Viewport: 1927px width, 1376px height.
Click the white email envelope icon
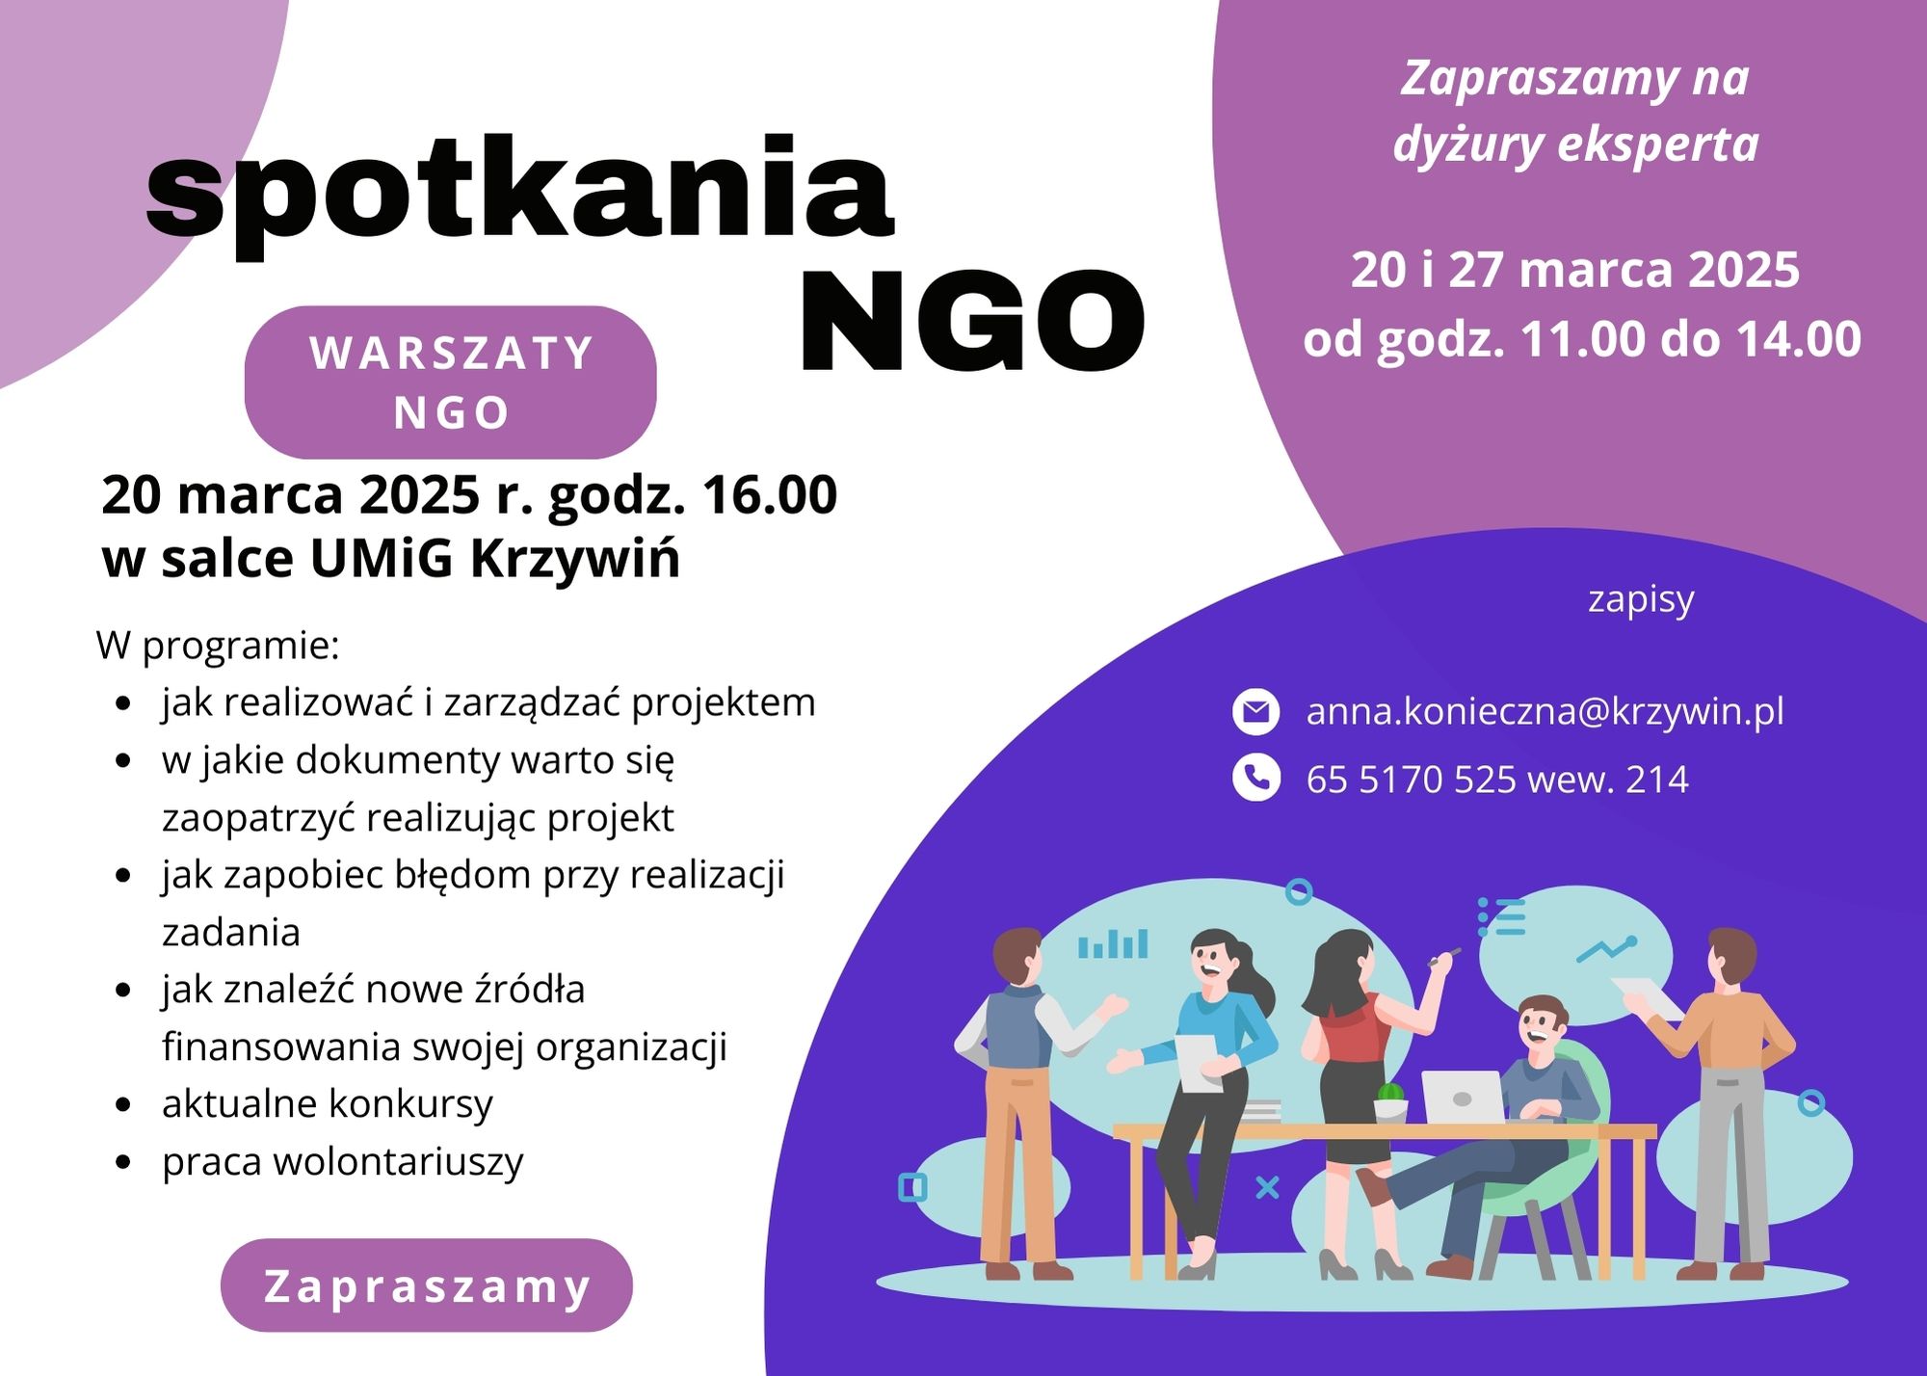tap(1255, 712)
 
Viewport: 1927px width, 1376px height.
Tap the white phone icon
tap(1255, 778)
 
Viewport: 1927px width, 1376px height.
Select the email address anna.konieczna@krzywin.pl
tap(1544, 711)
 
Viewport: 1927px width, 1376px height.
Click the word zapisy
tap(1641, 600)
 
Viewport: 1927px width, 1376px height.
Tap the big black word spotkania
tap(520, 193)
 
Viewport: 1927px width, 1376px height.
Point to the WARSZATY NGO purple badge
tap(451, 382)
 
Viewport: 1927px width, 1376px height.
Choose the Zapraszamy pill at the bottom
tap(427, 1285)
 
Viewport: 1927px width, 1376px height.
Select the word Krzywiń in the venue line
tap(575, 560)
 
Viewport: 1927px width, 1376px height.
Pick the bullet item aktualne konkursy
tap(327, 1104)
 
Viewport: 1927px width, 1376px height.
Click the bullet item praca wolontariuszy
tap(342, 1162)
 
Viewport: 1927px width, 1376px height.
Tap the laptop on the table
tap(1463, 1097)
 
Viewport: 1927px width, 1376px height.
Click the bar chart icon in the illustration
tap(1113, 944)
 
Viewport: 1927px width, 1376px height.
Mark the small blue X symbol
tap(1268, 1187)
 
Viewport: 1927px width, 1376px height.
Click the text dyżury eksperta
tap(1576, 144)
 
